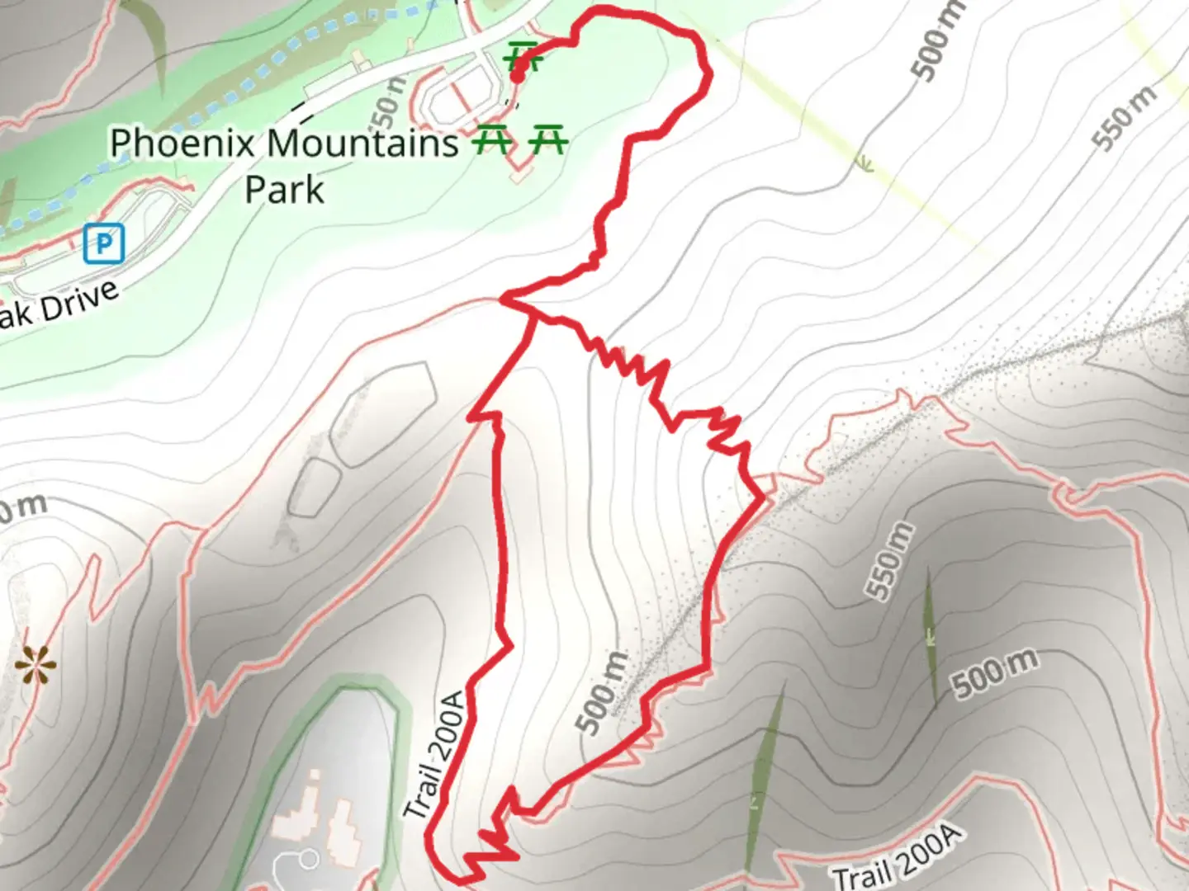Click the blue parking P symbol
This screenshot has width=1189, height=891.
[x=104, y=243]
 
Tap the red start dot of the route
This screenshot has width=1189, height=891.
[x=519, y=74]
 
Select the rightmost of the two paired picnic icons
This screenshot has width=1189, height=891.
[x=548, y=139]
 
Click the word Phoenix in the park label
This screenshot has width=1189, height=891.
[x=182, y=143]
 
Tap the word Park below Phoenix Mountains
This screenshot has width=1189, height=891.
[x=284, y=190]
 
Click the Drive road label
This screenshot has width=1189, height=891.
[x=79, y=303]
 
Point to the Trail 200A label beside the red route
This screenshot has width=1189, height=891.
[x=435, y=755]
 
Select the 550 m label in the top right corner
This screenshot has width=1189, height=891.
[x=1124, y=118]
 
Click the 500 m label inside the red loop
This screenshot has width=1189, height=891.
[x=603, y=693]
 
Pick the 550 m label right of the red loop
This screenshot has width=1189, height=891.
[x=889, y=561]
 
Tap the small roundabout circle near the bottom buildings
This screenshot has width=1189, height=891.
[x=309, y=860]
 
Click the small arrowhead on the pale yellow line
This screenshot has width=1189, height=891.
[x=864, y=164]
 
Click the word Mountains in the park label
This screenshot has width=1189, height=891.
[x=362, y=143]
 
